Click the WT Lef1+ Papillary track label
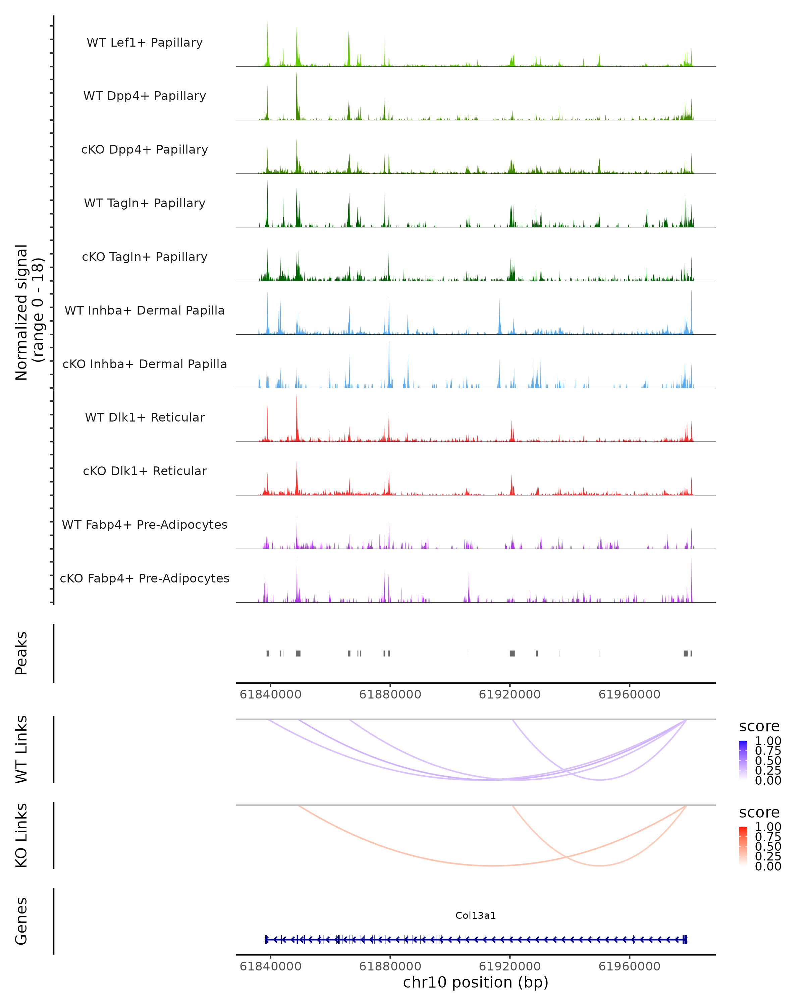(x=145, y=43)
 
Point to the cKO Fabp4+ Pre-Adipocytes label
(x=145, y=578)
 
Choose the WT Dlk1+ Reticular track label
(x=145, y=417)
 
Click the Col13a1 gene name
(x=476, y=915)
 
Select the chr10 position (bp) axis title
(x=476, y=982)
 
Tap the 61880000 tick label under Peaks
(x=390, y=694)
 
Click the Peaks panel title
(x=21, y=653)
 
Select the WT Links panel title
(x=21, y=749)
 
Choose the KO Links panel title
(x=21, y=835)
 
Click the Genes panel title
(x=21, y=921)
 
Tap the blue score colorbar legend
(x=743, y=760)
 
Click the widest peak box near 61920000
(x=512, y=653)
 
